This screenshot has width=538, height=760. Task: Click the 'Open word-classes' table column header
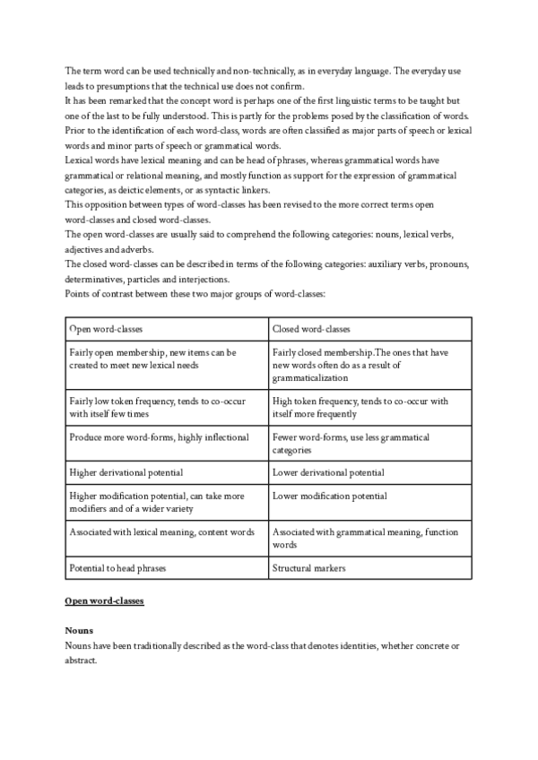click(106, 329)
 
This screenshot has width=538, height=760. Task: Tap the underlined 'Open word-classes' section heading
click(105, 600)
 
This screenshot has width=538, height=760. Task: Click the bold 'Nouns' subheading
click(80, 631)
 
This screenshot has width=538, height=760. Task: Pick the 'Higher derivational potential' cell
click(126, 471)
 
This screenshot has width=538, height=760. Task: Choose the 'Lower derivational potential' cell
click(328, 471)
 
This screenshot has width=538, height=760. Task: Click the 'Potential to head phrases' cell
click(119, 567)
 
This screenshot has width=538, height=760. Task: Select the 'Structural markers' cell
click(310, 567)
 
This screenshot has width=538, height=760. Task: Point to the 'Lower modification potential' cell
click(329, 496)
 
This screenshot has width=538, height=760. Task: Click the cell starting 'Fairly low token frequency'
click(157, 407)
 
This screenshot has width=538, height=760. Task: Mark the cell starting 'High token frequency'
click(360, 407)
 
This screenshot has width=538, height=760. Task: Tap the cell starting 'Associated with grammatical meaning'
click(365, 538)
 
